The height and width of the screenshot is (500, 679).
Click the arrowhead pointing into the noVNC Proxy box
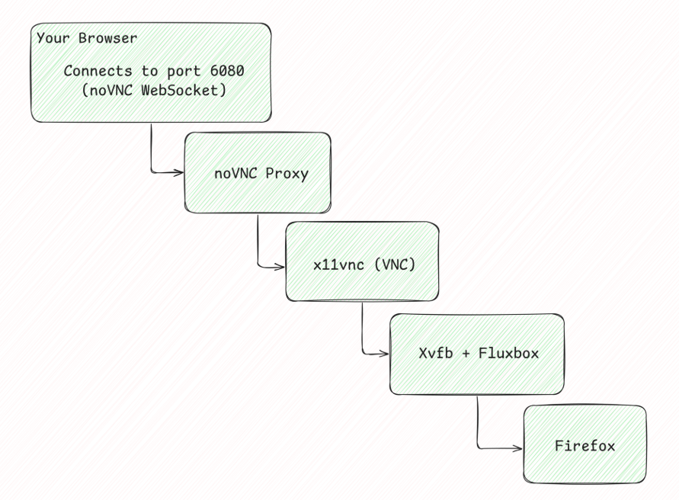[x=180, y=172]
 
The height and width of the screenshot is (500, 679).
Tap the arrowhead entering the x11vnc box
[x=280, y=266]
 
